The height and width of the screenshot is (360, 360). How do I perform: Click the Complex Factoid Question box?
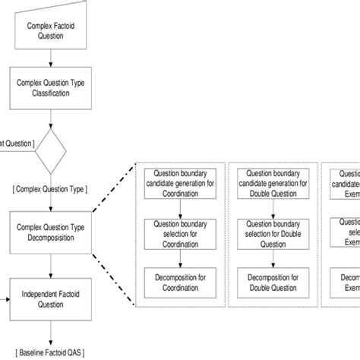[x=50, y=30]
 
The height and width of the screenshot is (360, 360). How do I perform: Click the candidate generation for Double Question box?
[x=271, y=183]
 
